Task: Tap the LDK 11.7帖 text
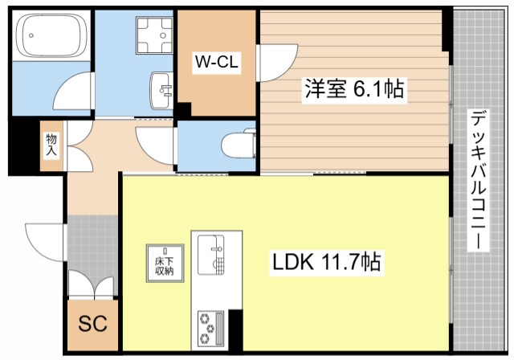coord(325,263)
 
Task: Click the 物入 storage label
coord(51,145)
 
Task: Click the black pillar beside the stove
coord(235,329)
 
